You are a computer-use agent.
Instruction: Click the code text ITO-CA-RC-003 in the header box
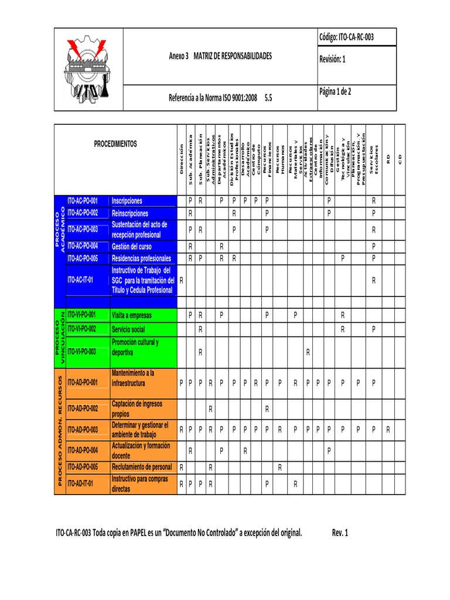point(346,37)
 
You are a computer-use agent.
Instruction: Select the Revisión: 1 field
point(332,59)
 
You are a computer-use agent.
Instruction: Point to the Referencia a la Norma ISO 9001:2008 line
point(220,98)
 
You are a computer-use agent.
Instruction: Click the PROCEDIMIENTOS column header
point(115,144)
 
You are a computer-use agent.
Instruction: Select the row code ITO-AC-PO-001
point(83,201)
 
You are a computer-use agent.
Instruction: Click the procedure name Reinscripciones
point(130,213)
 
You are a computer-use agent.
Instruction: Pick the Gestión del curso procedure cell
point(132,247)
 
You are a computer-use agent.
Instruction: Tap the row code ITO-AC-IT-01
point(80,280)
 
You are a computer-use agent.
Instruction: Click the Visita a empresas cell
point(132,315)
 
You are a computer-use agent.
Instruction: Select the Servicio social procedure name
point(128,330)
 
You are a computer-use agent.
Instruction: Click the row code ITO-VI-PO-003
point(81,352)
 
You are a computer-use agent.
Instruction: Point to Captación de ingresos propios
point(137,408)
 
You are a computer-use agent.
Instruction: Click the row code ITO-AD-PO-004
point(83,450)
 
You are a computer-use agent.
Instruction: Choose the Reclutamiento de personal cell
point(142,467)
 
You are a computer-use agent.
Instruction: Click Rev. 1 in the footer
point(340,533)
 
